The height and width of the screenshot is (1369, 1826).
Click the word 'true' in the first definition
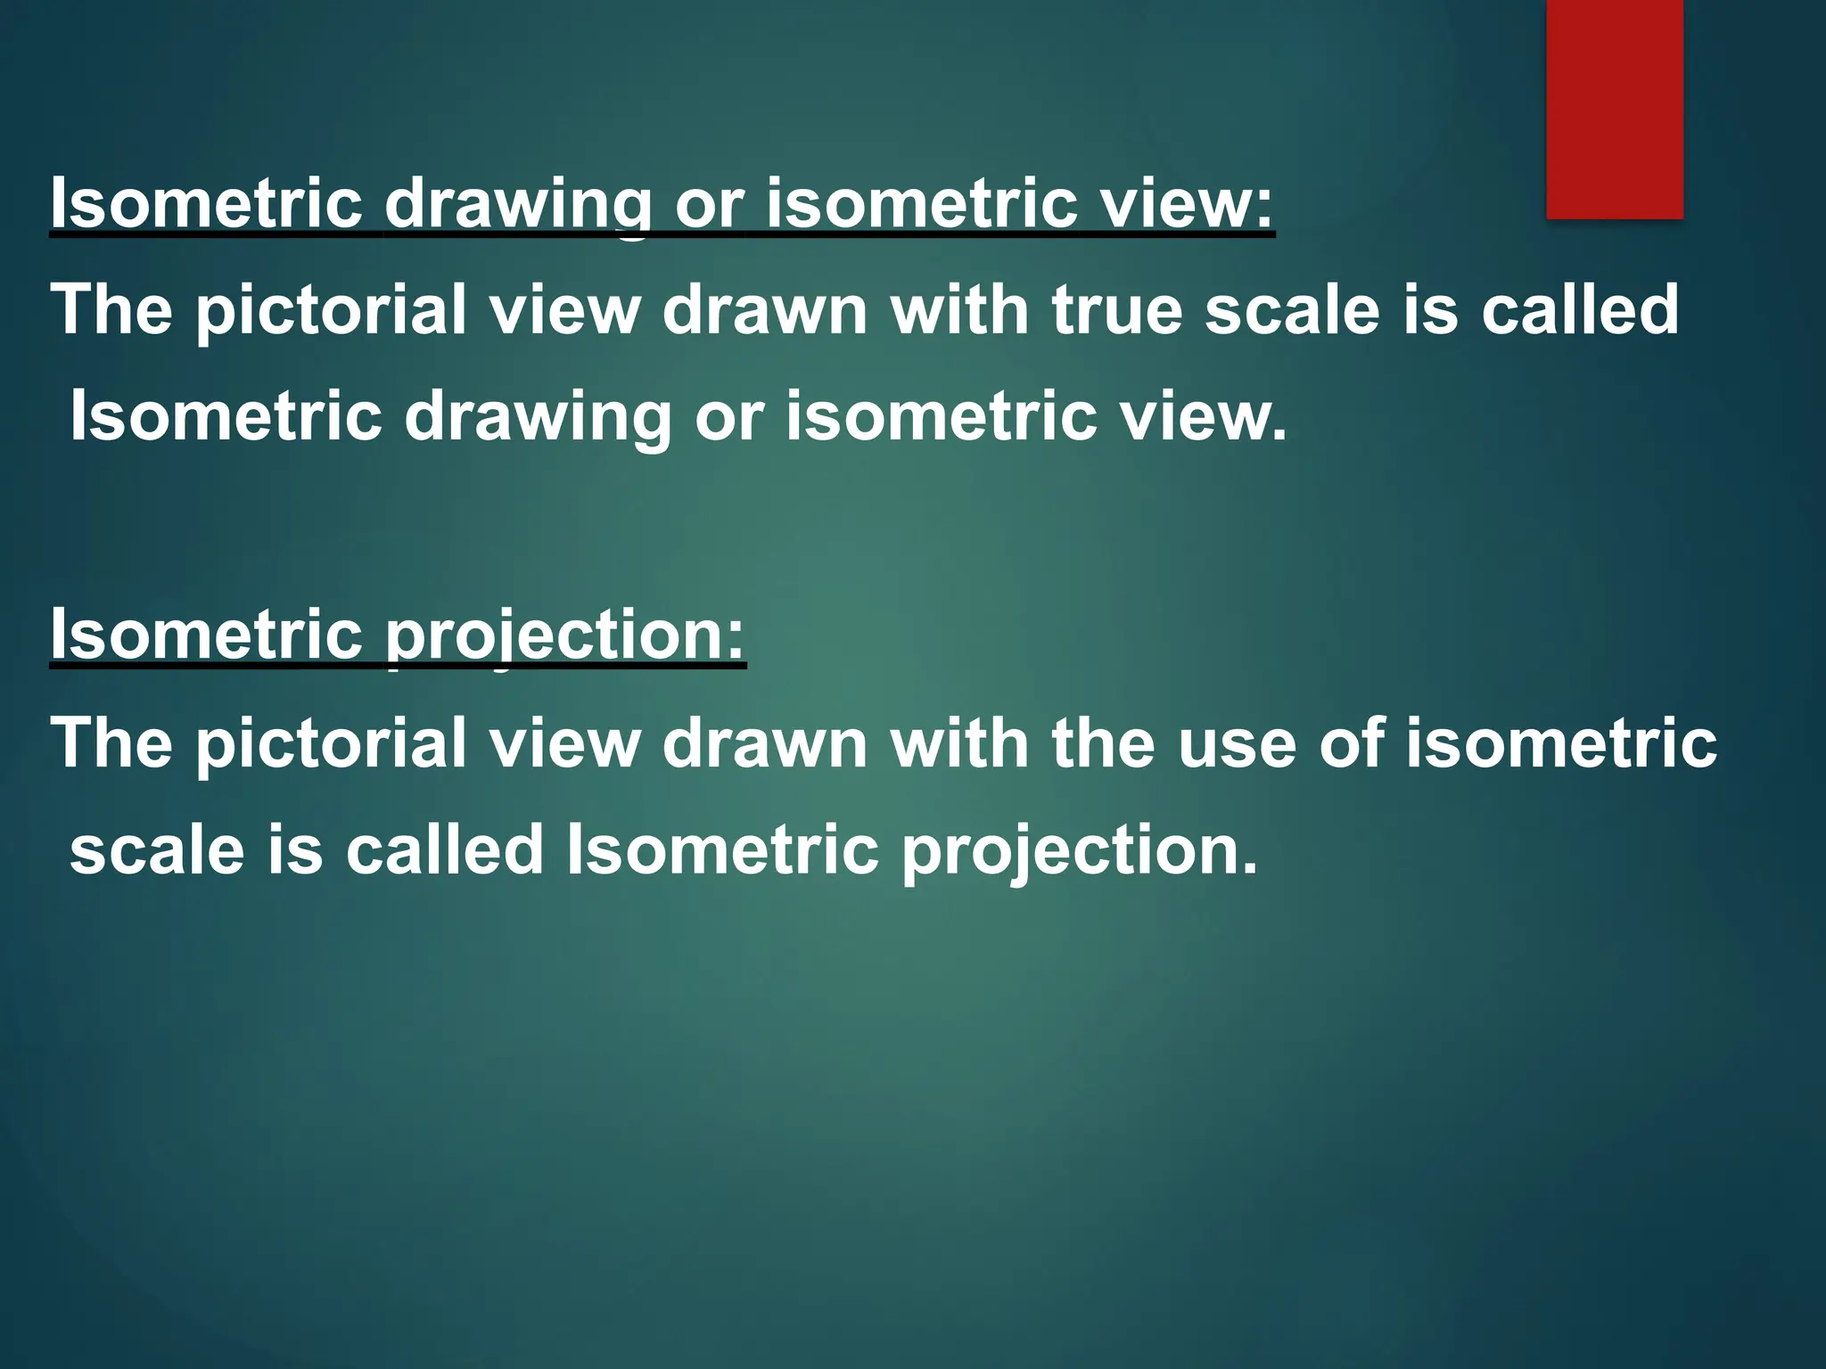coord(1117,309)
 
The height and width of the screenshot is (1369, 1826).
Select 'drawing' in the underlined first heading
coord(518,203)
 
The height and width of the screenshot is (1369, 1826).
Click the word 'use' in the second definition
coord(1237,743)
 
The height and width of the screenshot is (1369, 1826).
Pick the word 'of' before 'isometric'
coord(1351,743)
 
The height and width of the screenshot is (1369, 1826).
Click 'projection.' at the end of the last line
coord(1079,850)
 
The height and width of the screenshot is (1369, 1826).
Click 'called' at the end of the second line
coord(1580,309)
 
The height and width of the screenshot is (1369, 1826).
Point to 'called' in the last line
coord(444,850)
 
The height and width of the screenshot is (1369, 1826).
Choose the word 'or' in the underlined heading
coord(709,203)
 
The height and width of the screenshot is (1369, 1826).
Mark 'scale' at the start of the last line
coord(157,850)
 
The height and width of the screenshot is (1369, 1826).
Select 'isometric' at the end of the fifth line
coord(1562,743)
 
